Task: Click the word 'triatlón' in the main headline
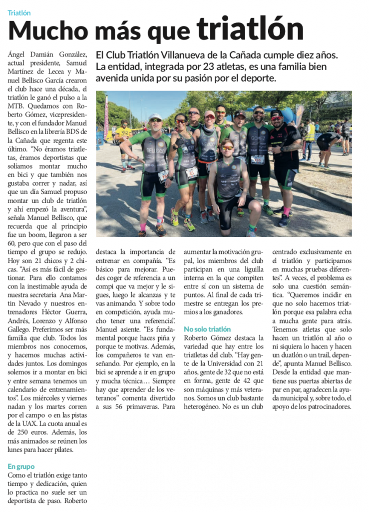click(250, 29)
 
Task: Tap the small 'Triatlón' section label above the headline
click(19, 13)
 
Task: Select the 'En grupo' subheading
click(21, 466)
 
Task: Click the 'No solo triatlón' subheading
click(207, 329)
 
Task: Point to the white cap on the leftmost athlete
click(155, 116)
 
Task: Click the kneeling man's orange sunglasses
click(227, 148)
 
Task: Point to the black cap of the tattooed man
click(276, 113)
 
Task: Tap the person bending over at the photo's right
click(330, 142)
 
